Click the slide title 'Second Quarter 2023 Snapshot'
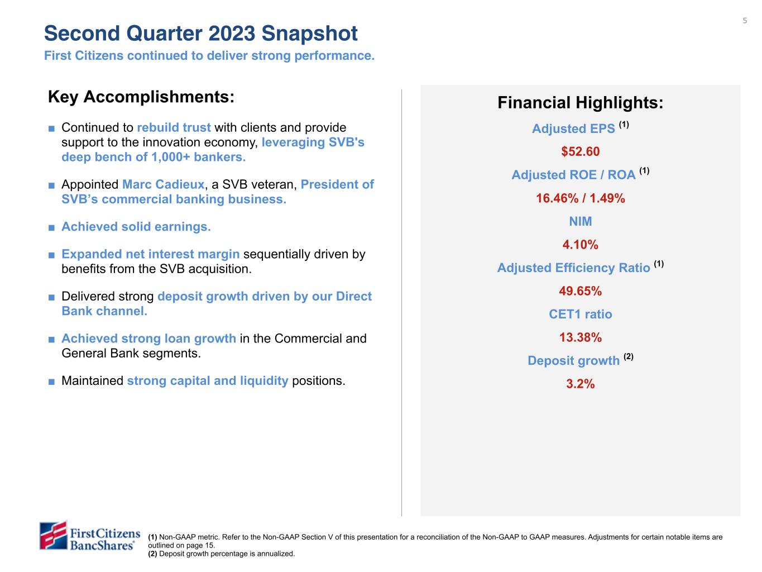click(201, 34)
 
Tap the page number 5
click(745, 21)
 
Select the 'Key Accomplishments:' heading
click(141, 97)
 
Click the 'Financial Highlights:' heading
click(580, 103)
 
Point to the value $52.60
click(580, 152)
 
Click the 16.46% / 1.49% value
click(580, 198)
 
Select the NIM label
click(580, 222)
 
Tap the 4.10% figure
click(580, 245)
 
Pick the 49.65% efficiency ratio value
click(580, 291)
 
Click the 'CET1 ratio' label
click(580, 314)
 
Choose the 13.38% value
click(580, 337)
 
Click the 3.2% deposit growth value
click(580, 384)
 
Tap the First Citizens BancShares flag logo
click(54, 536)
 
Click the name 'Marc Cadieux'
click(163, 184)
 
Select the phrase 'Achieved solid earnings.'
click(136, 227)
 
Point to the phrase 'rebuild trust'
click(174, 128)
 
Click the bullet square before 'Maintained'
click(51, 382)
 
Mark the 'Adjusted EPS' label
click(573, 129)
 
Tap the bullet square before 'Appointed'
click(51, 185)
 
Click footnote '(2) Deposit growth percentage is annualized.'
click(221, 554)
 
